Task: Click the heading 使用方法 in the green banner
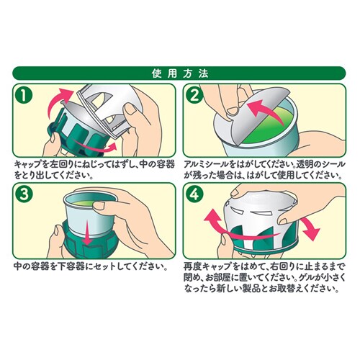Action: coord(180,73)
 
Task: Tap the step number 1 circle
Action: coord(24,96)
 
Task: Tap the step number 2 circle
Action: coord(194,96)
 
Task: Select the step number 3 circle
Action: coord(24,194)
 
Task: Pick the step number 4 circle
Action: coord(194,194)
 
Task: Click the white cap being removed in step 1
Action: coord(106,108)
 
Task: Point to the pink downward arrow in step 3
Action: coord(87,232)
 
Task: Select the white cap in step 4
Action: coord(261,217)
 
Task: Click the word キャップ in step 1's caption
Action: coord(27,165)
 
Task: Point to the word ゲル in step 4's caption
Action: coord(307,278)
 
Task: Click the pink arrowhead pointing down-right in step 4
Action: coord(311,233)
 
